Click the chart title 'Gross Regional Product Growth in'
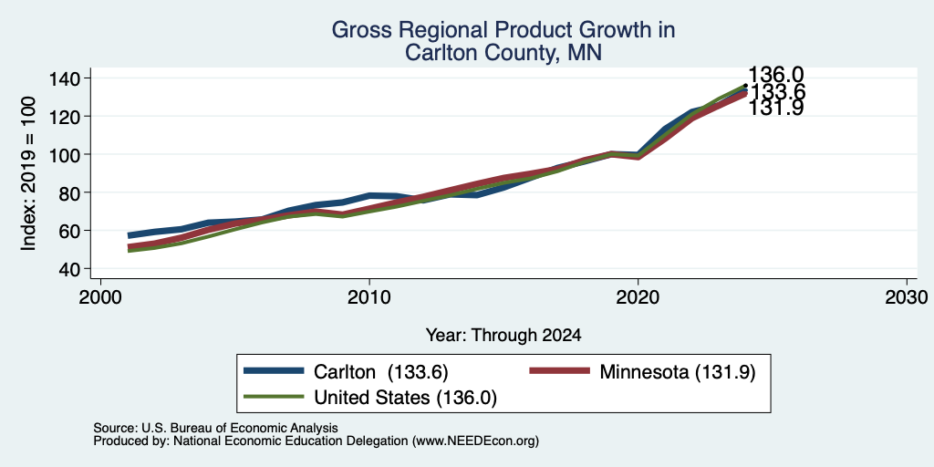click(503, 30)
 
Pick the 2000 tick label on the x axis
click(100, 297)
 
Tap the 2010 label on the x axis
click(369, 297)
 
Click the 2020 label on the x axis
click(638, 297)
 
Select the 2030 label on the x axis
click(907, 297)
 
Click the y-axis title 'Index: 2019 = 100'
click(28, 174)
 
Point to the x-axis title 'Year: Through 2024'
click(503, 336)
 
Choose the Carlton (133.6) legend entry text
click(380, 372)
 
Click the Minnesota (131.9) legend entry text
click(678, 372)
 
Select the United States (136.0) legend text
click(405, 398)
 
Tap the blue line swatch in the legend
click(274, 371)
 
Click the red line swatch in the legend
click(560, 371)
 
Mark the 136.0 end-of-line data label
click(775, 75)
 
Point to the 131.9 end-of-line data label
click(775, 108)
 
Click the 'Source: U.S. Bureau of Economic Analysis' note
click(215, 428)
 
